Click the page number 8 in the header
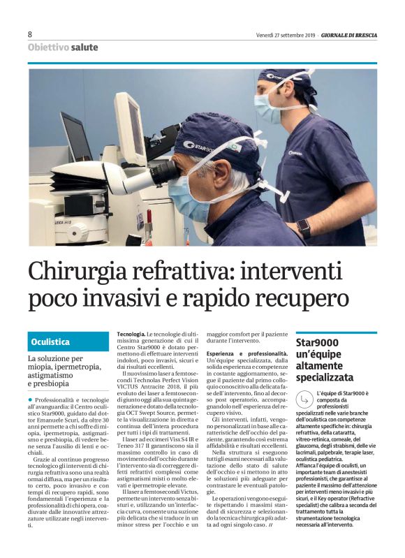coord(30,34)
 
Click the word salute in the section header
coord(84,47)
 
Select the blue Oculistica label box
coord(68,342)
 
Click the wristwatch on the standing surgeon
coord(303,226)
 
